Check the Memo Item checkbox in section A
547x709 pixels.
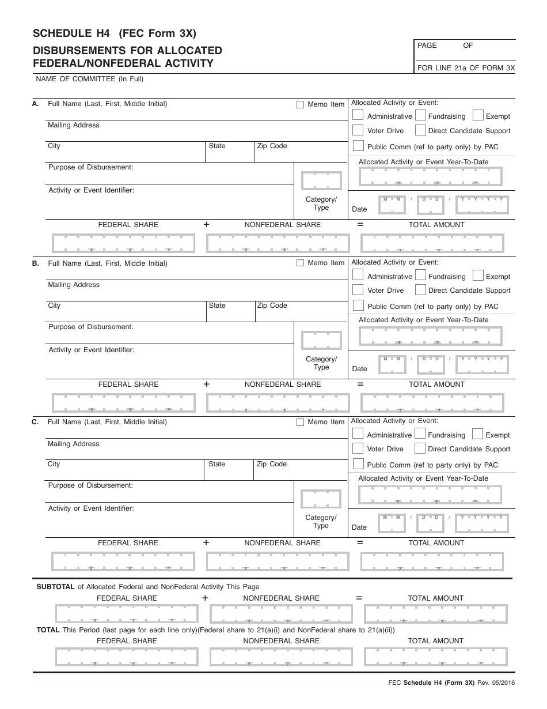pos(300,105)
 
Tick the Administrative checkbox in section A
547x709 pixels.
pos(358,115)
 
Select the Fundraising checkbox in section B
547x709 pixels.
pos(420,276)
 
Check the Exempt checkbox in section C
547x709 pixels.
pos(477,434)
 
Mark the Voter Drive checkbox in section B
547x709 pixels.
pos(358,290)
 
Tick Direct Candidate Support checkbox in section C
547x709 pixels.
pos(420,448)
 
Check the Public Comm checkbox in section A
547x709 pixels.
pos(358,146)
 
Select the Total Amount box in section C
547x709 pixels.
pos(432,561)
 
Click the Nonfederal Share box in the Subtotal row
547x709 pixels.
pos(281,614)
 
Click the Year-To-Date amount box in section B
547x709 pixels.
pos(430,335)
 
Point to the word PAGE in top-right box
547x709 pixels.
pos(427,46)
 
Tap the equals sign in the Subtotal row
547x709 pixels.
pos(359,598)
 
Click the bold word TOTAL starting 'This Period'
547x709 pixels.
pos(48,630)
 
